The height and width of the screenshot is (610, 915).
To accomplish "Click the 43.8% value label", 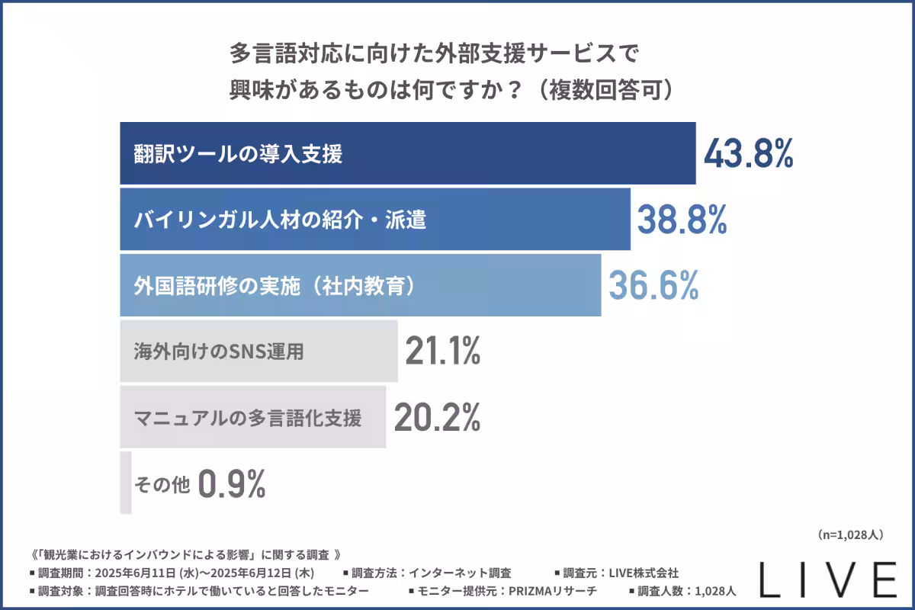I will point(748,154).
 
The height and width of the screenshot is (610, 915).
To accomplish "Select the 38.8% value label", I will point(682,220).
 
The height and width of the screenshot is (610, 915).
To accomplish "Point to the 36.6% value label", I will point(653,285).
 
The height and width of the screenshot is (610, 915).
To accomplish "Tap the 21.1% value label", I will point(442,351).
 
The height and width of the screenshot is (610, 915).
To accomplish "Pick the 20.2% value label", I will point(436,417).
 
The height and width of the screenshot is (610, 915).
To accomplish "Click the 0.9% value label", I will point(232,483).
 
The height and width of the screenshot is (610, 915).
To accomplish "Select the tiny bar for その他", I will point(126,483).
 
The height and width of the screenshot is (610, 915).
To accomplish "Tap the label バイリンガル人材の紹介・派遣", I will point(280,220).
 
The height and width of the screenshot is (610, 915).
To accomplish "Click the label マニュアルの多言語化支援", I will point(247,418).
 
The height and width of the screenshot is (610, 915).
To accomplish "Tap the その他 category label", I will point(162,483).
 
